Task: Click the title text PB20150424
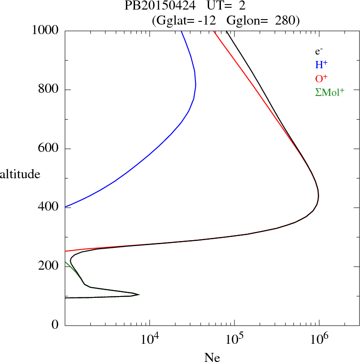coord(160,7)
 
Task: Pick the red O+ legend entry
coord(321,79)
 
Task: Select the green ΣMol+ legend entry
coord(330,92)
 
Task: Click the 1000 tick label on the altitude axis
coord(45,30)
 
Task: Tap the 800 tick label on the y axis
coord(49,90)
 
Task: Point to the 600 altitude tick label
coord(49,149)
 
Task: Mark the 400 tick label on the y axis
coord(49,207)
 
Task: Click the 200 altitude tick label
coord(49,266)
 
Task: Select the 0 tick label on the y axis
coord(55,325)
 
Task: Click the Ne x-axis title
coord(212,357)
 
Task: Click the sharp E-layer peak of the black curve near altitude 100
coord(139,295)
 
